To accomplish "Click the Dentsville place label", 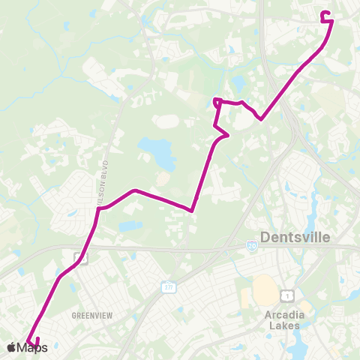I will click(299, 238).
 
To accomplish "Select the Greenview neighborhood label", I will click(91, 316).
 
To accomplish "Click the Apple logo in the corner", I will click(12, 347).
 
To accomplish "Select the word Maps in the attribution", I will click(33, 347).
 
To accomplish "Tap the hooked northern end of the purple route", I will click(325, 15).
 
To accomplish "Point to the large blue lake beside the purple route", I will click(158, 153).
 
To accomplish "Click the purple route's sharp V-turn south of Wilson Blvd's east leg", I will click(193, 211).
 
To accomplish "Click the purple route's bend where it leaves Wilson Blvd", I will click(99, 208).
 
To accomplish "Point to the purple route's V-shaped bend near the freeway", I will click(260, 118).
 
